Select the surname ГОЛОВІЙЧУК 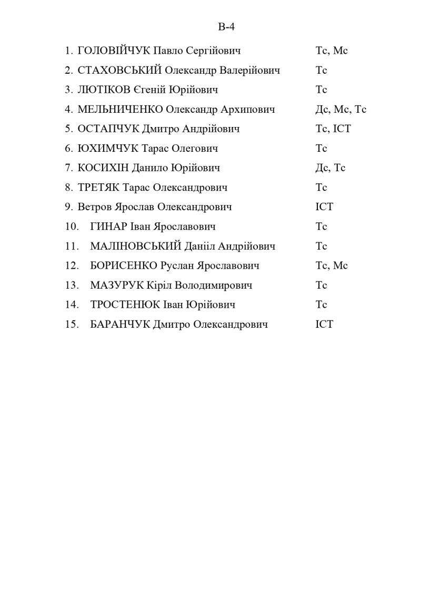click(114, 51)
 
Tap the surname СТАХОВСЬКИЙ click(119, 71)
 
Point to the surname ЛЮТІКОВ click(104, 90)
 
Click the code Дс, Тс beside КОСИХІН click(330, 168)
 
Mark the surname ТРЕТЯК click(99, 188)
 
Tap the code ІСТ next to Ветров click(324, 207)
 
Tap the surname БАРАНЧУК click(120, 324)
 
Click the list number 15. click(72, 324)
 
